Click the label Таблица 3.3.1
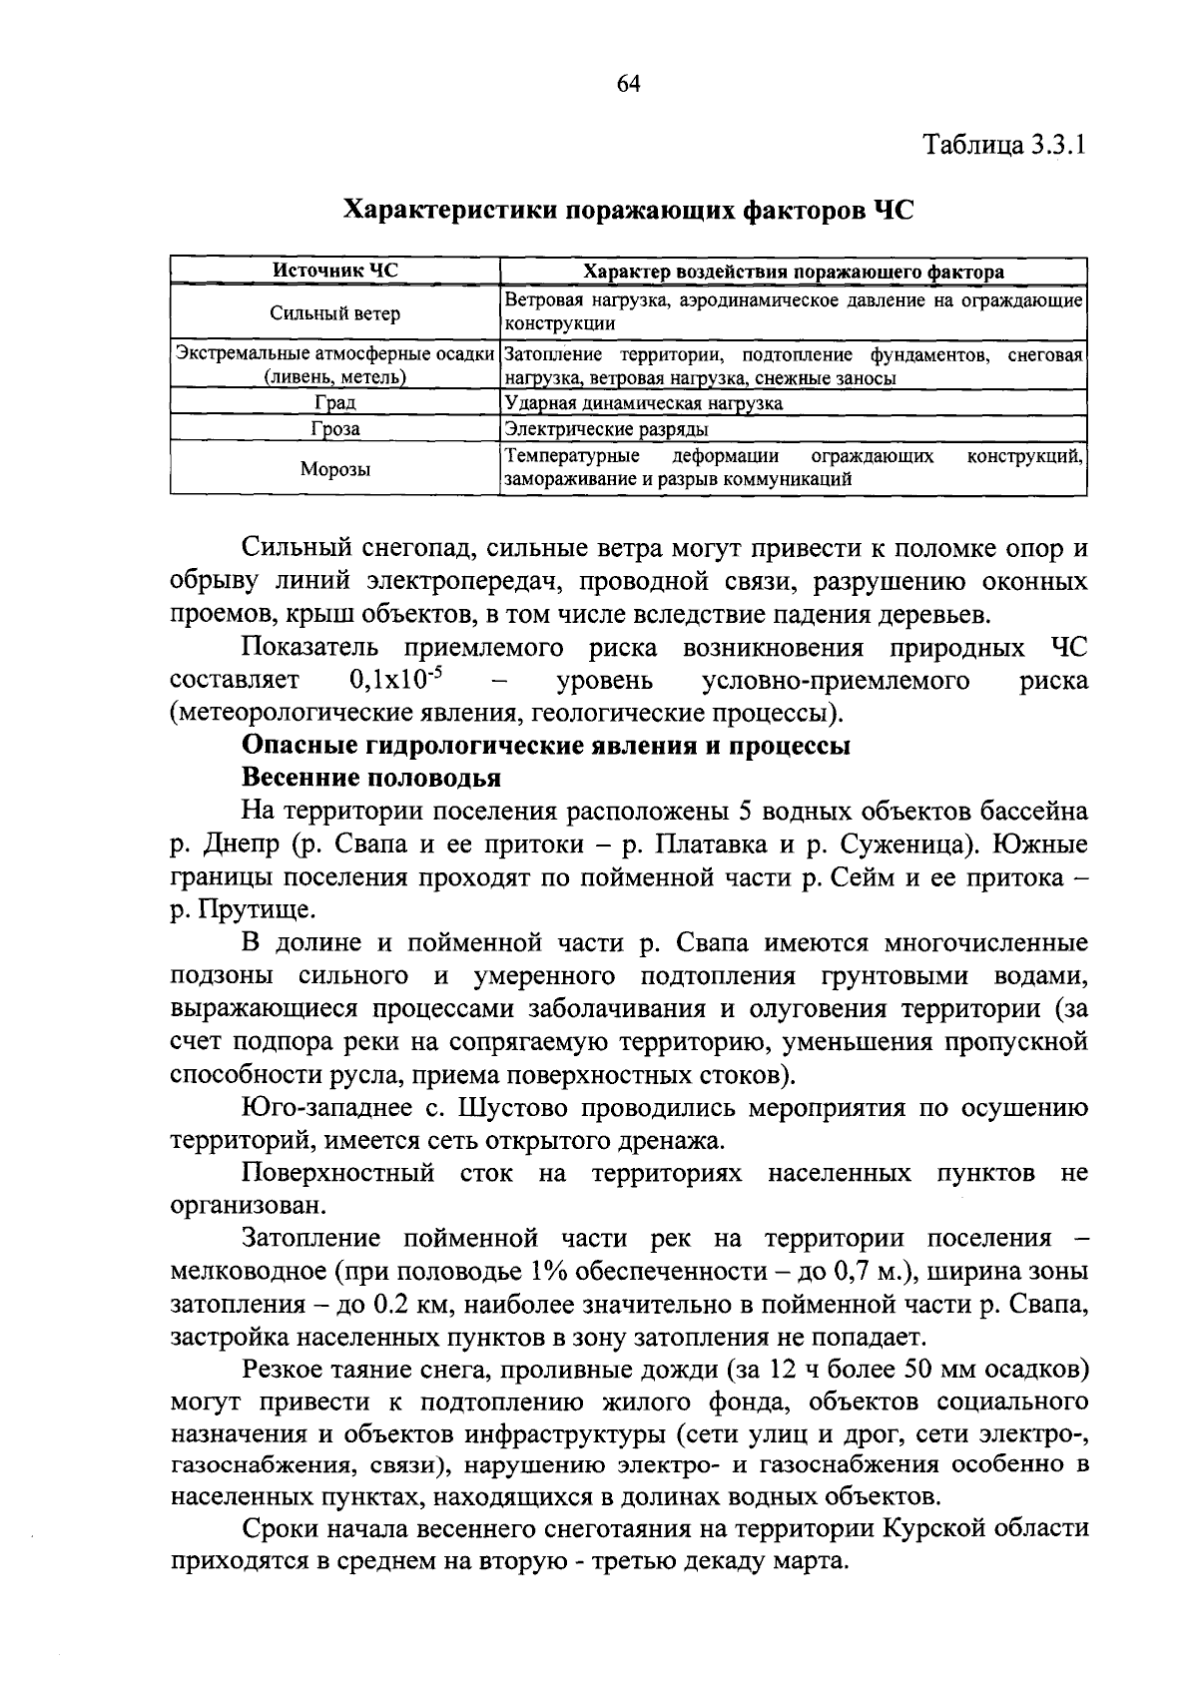click(x=1004, y=146)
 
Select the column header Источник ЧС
click(x=335, y=271)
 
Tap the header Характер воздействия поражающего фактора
click(x=793, y=272)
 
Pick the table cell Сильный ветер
click(x=335, y=313)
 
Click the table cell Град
click(x=335, y=403)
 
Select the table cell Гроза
click(x=335, y=429)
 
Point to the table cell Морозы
click(x=335, y=468)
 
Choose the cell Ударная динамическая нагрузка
click(x=644, y=403)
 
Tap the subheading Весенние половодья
click(x=371, y=778)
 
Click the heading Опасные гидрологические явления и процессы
click(x=546, y=746)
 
